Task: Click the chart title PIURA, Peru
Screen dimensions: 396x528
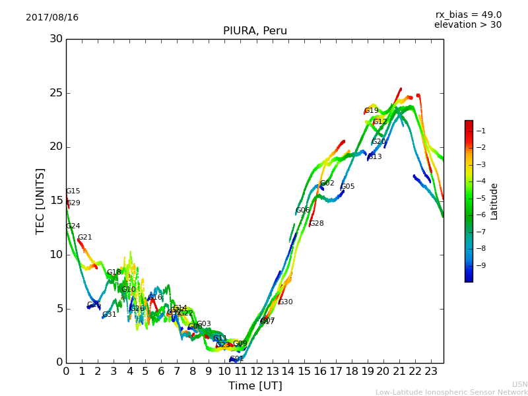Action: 255,31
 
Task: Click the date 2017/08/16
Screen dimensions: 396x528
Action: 52,18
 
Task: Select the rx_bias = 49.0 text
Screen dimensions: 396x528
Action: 468,15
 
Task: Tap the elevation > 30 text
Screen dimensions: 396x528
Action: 467,25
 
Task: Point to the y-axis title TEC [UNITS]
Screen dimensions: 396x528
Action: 40,201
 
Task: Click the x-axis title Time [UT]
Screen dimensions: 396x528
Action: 255,386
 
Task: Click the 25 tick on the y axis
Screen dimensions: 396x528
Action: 56,93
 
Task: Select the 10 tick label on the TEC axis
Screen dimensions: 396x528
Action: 56,255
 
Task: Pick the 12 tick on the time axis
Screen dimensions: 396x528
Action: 257,372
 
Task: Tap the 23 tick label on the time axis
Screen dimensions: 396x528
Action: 431,372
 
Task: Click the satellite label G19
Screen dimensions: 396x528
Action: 372,111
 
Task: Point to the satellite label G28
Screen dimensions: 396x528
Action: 317,224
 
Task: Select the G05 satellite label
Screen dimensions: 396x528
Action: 348,187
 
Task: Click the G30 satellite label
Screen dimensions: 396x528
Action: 285,302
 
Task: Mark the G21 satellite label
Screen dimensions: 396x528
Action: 85,238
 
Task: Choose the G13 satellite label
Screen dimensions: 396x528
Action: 375,157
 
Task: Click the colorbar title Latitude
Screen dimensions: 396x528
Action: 494,201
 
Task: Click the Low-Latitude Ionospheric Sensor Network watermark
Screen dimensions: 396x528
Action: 451,392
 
